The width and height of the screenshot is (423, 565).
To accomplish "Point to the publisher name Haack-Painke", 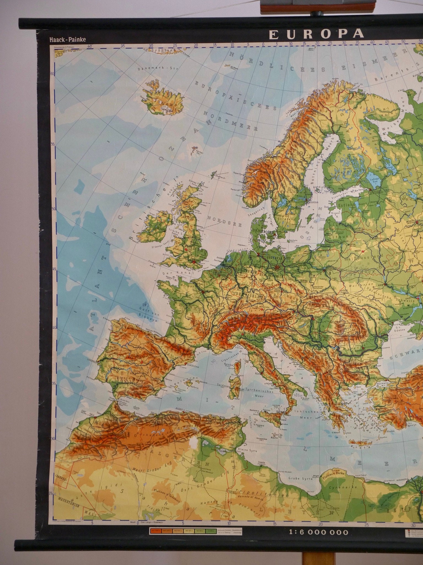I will pyautogui.click(x=68, y=39).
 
